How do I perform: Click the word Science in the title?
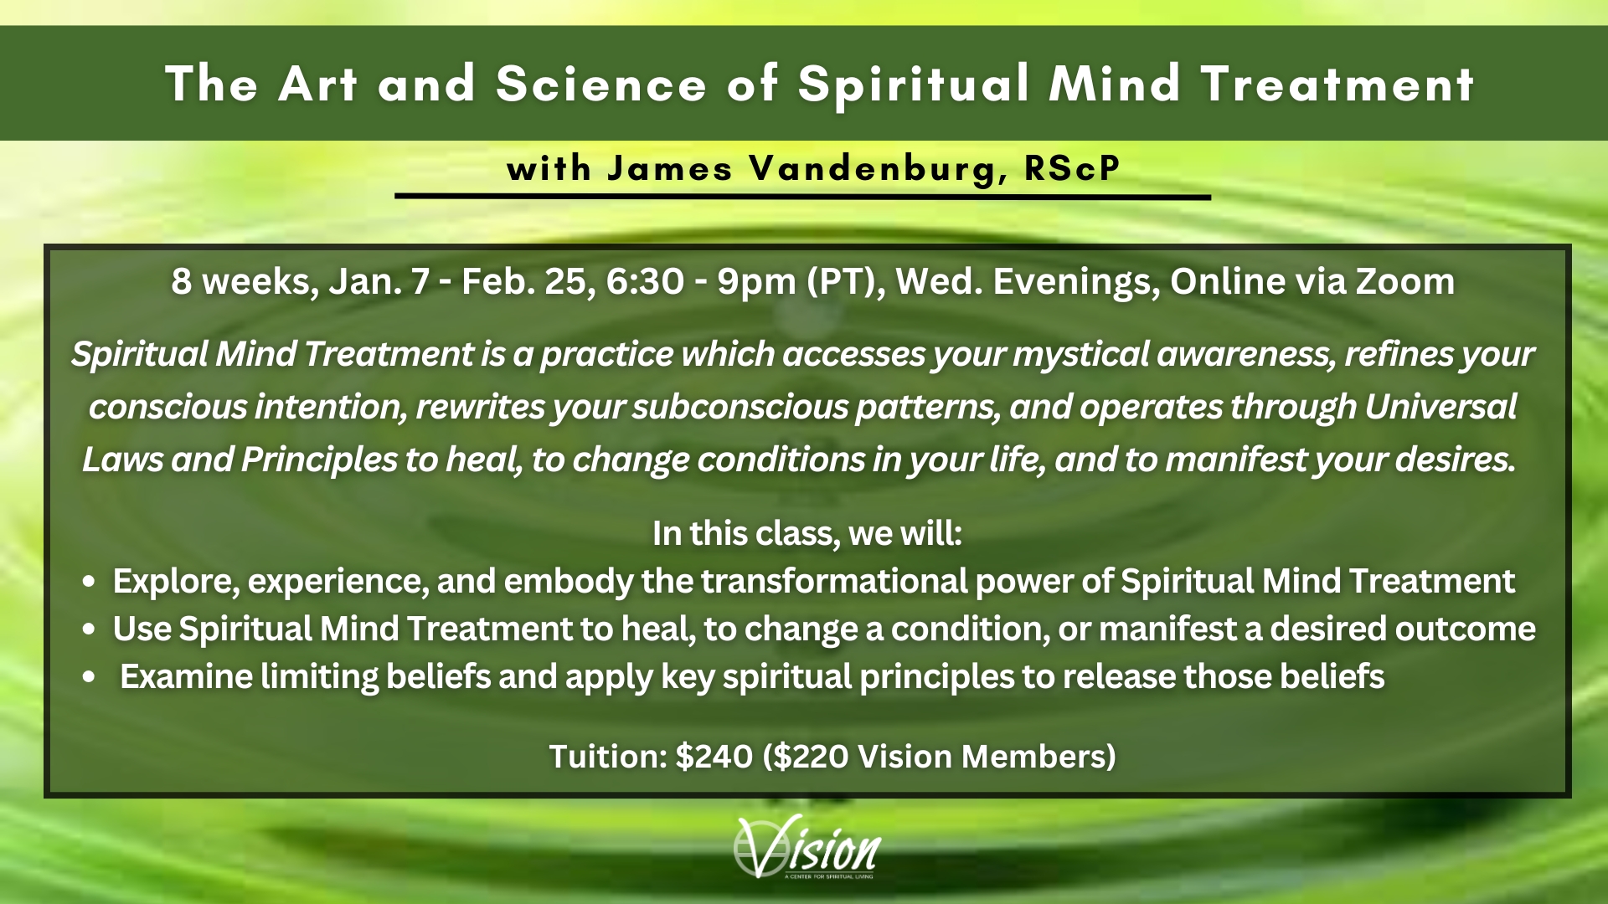pyautogui.click(x=601, y=85)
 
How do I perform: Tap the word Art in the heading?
pyautogui.click(x=318, y=85)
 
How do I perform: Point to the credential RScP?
pyautogui.click(x=1072, y=168)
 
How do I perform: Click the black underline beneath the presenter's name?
pyautogui.click(x=803, y=197)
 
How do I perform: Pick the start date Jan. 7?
pyautogui.click(x=379, y=281)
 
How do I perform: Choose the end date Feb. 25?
pyautogui.click(x=528, y=281)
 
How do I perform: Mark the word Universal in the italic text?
pyautogui.click(x=1440, y=407)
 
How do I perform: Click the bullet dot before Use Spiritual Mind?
pyautogui.click(x=90, y=630)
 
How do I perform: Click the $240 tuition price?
pyautogui.click(x=714, y=756)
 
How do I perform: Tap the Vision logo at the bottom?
pyautogui.click(x=806, y=847)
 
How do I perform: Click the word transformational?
pyautogui.click(x=834, y=581)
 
